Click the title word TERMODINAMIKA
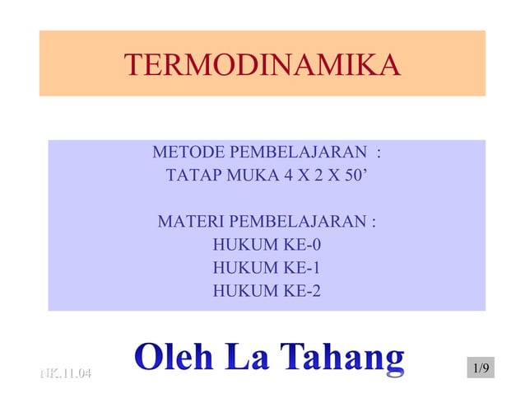[262, 64]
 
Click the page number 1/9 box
[481, 368]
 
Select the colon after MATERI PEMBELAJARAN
[375, 223]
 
